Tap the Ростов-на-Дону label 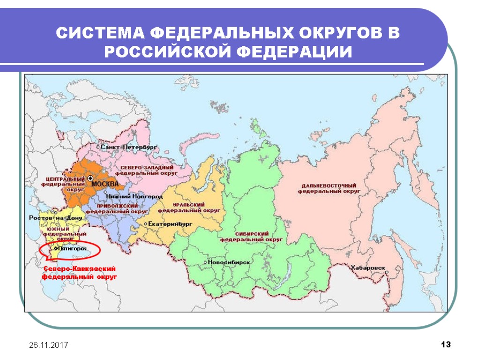pyautogui.click(x=55, y=218)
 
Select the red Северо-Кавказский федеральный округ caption pyautogui.click(x=80, y=273)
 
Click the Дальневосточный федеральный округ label pyautogui.click(x=329, y=188)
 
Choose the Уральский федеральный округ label pyautogui.click(x=190, y=208)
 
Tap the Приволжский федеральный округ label pyautogui.click(x=117, y=209)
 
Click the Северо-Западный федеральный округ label pyautogui.click(x=147, y=170)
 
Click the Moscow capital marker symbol pyautogui.click(x=90, y=179)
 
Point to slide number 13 pyautogui.click(x=445, y=345)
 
